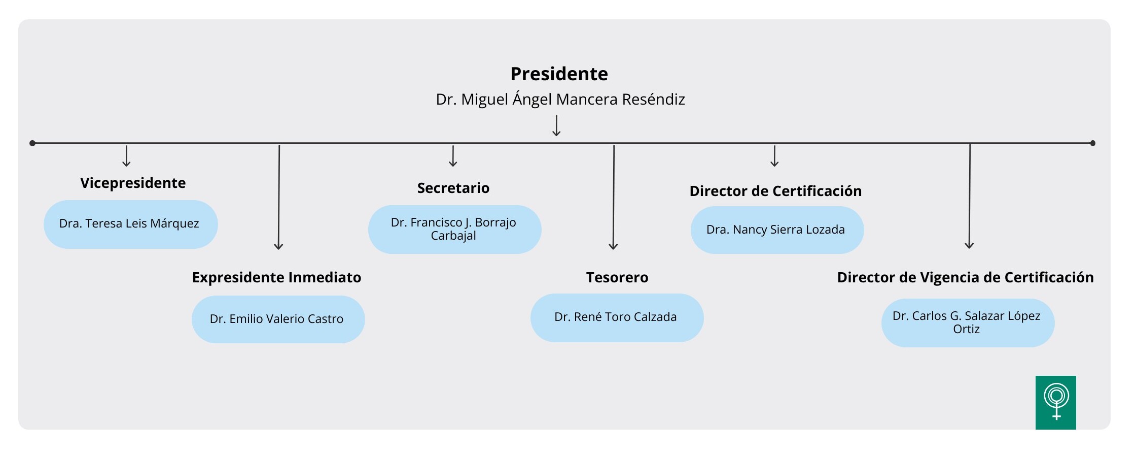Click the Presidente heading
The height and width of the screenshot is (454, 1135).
[559, 74]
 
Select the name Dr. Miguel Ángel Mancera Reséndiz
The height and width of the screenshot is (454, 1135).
[560, 99]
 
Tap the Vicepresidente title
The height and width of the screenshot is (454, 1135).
[133, 183]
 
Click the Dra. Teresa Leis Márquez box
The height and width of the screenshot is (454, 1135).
[131, 224]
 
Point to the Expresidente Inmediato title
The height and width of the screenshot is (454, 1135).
[276, 277]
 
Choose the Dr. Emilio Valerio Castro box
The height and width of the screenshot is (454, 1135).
[278, 319]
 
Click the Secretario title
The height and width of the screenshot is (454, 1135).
[453, 188]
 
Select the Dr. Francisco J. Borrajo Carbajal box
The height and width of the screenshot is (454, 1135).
[455, 229]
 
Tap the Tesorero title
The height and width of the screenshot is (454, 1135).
[617, 277]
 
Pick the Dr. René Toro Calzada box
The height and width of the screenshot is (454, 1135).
[617, 317]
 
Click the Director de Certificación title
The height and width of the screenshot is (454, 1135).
[775, 191]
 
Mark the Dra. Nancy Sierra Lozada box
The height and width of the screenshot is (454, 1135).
[777, 230]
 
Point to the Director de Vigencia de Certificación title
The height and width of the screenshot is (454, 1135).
[965, 277]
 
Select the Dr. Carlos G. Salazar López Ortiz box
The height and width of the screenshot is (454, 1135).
[968, 323]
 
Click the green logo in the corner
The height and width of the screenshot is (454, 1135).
[1056, 403]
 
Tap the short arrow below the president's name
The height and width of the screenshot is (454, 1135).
[556, 125]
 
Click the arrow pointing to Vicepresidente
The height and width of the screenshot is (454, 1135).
[126, 156]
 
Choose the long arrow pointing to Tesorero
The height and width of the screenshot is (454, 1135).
[614, 198]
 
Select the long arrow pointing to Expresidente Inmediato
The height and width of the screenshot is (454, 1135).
[279, 198]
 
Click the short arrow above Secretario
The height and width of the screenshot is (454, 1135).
[453, 156]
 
